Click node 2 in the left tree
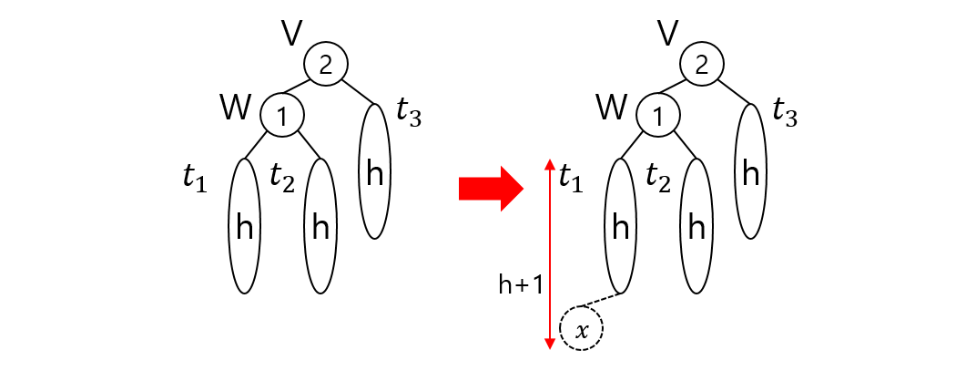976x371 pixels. point(325,65)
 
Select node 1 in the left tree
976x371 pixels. point(281,116)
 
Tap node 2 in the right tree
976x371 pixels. point(700,65)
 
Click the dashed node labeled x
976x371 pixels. point(583,329)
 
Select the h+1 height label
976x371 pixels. point(521,284)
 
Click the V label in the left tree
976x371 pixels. point(292,33)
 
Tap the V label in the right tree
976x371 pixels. point(667,33)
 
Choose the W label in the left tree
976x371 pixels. point(236,109)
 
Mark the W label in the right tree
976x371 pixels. point(611,109)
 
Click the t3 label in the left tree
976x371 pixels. point(410,113)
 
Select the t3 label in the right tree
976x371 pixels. point(785,113)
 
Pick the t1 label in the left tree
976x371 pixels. point(195,180)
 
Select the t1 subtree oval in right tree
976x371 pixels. point(620,225)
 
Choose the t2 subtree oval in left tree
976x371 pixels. point(320,225)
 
